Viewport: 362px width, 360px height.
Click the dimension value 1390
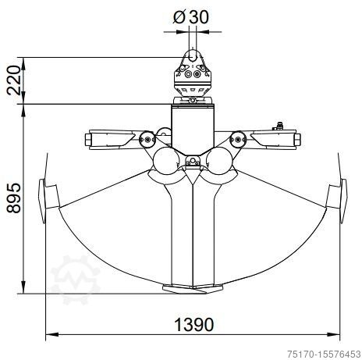point(193,324)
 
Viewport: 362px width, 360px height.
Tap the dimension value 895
point(13,198)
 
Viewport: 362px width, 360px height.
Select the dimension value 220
point(13,80)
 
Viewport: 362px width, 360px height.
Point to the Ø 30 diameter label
point(191,17)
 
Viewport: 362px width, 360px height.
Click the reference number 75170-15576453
point(324,354)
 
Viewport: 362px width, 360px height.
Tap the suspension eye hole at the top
point(193,55)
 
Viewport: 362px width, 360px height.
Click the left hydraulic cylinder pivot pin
point(147,140)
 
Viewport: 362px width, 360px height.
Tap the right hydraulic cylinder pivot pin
point(237,140)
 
